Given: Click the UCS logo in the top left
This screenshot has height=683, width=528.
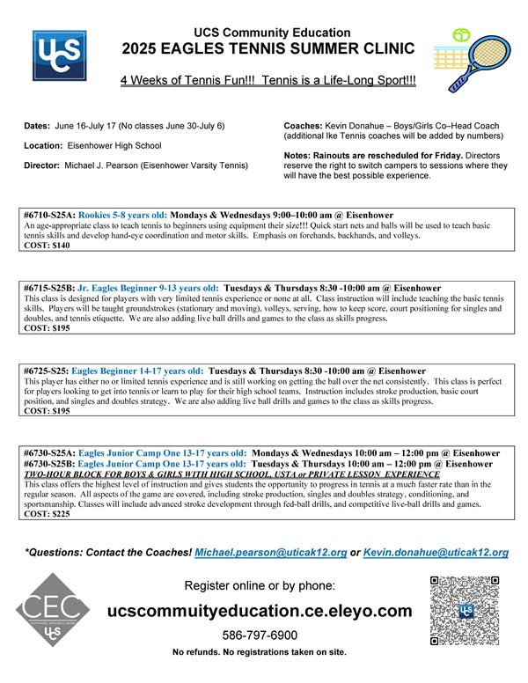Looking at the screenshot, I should pyautogui.click(x=59, y=55).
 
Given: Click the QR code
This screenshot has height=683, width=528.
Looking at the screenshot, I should pyautogui.click(x=465, y=610).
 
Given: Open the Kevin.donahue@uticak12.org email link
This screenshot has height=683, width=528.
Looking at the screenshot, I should pyautogui.click(x=438, y=553).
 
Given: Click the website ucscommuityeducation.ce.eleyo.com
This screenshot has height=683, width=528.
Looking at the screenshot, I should pyautogui.click(x=259, y=611).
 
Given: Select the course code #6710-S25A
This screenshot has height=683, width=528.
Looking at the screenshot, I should pyautogui.click(x=49, y=215).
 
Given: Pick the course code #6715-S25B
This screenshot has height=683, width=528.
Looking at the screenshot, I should pyautogui.click(x=49, y=288).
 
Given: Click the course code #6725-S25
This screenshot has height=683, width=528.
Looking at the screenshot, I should pyautogui.click(x=47, y=371).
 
